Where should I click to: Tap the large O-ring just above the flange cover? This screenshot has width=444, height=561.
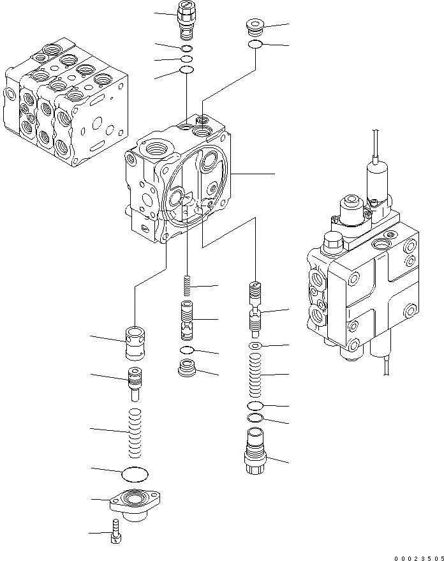[133, 474]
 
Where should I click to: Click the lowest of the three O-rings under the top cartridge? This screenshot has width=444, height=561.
[186, 70]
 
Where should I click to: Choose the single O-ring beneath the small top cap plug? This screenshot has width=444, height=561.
[255, 45]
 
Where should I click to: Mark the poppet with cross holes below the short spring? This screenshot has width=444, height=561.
[188, 317]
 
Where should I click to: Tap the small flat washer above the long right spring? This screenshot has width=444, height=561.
[255, 346]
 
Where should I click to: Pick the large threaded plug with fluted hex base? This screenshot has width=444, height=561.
[255, 451]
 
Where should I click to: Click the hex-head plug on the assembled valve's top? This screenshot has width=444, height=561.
[334, 243]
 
